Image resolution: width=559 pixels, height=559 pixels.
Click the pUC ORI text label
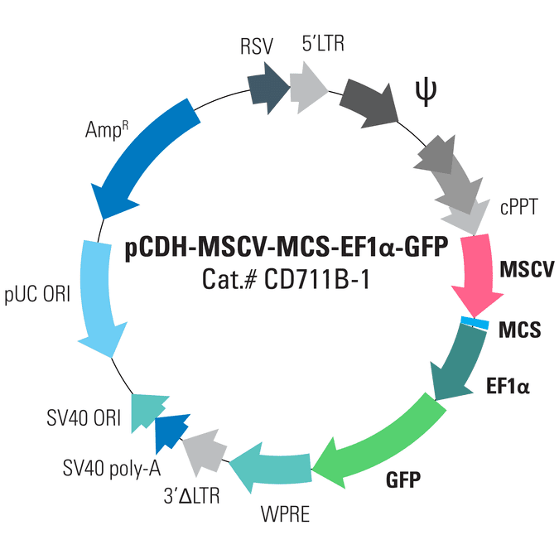41,294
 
